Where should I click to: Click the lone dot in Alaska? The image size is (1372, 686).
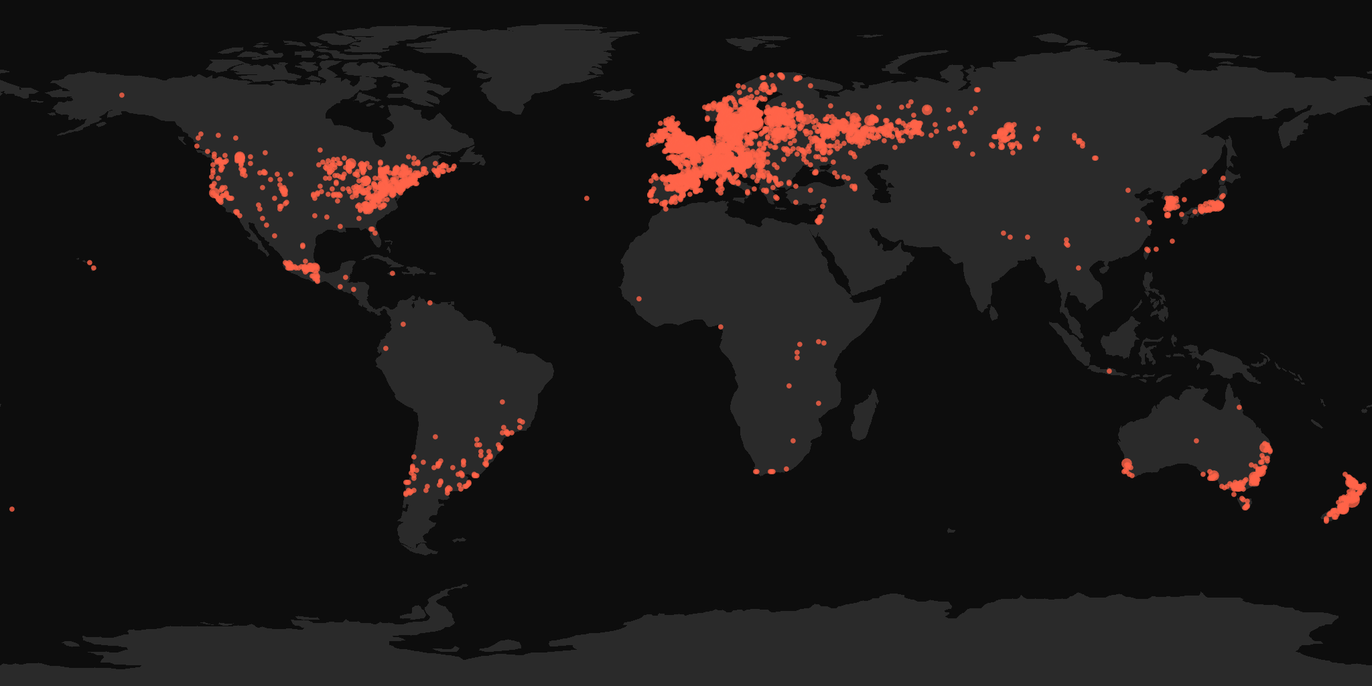(122, 95)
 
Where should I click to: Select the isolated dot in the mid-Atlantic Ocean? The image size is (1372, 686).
(587, 198)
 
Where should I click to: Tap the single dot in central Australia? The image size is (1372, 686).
(1196, 441)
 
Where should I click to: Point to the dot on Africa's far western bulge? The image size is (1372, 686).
(639, 299)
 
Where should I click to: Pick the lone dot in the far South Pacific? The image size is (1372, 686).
(12, 509)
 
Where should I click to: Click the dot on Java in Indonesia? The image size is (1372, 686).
(1109, 371)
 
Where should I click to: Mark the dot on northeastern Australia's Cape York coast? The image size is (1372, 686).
(1239, 407)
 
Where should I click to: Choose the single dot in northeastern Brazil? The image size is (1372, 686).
(502, 402)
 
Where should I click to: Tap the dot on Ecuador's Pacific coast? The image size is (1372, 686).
(385, 348)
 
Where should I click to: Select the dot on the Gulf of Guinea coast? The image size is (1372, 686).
(721, 327)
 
